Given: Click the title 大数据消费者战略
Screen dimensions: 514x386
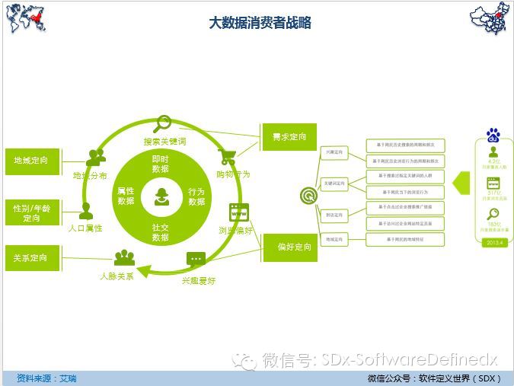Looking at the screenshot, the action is [x=260, y=23].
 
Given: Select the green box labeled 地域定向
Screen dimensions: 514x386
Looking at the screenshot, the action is [x=31, y=161].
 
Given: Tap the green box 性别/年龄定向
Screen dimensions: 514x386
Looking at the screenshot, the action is [x=31, y=212].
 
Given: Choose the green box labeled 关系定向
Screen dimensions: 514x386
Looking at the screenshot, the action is [x=31, y=258].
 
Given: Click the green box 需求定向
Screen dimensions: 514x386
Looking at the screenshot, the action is [x=289, y=137].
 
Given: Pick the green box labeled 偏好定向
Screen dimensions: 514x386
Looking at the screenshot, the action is [x=289, y=247].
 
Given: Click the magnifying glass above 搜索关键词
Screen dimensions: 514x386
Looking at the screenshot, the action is [x=164, y=123].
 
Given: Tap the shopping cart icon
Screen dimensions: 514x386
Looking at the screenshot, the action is [x=227, y=157].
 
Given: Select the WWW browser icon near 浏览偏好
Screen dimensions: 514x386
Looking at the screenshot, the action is [x=239, y=212].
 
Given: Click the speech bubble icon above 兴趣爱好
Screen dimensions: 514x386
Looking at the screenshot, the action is [x=196, y=260].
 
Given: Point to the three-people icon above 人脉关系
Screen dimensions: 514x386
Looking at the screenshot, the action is [x=124, y=257].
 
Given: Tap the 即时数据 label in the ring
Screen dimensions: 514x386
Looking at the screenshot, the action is [x=161, y=164].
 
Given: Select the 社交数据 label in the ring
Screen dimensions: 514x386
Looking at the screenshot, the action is [x=161, y=232].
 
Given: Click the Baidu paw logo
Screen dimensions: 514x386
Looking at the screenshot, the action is [x=493, y=136].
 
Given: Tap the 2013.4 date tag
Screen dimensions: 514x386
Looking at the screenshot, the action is [x=493, y=242].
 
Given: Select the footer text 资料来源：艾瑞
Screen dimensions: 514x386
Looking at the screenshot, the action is [x=46, y=378].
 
